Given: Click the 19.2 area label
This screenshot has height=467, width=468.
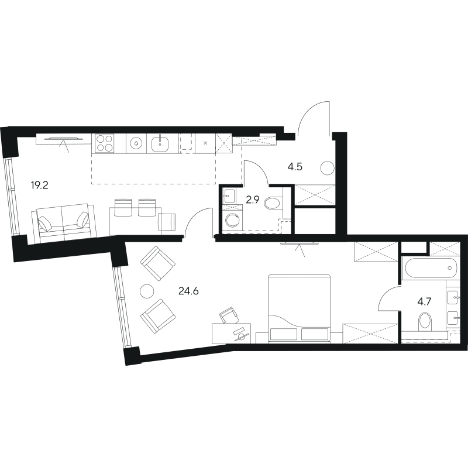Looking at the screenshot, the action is click(x=39, y=186).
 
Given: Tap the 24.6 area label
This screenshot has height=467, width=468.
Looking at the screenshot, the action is click(x=188, y=290).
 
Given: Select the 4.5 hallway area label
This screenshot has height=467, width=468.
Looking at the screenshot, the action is click(x=295, y=167).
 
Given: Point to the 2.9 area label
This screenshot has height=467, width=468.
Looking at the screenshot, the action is click(x=253, y=200).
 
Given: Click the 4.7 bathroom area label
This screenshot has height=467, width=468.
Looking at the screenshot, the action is click(x=424, y=302).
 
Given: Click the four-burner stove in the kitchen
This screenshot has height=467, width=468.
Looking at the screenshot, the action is click(x=105, y=143).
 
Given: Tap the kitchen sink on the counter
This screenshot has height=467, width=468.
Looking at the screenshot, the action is click(x=160, y=143).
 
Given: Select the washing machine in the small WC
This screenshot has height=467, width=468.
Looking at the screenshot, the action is click(x=232, y=221).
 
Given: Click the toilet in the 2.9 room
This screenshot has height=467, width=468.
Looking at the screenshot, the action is click(x=273, y=203).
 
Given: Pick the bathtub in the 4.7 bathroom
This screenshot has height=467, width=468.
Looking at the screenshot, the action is click(x=431, y=268).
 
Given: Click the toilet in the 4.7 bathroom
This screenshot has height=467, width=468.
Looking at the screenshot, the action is click(x=425, y=322).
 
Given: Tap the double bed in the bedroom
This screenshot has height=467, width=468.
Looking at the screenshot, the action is click(x=300, y=308).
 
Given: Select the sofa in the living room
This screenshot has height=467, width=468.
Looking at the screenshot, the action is click(x=64, y=224).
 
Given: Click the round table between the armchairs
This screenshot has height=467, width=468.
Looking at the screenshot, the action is click(x=147, y=290).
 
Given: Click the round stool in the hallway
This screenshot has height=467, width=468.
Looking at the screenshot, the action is click(x=328, y=169).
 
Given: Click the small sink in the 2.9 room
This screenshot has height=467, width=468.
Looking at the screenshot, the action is click(x=229, y=196).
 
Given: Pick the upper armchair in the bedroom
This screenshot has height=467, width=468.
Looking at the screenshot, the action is click(x=157, y=263).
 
